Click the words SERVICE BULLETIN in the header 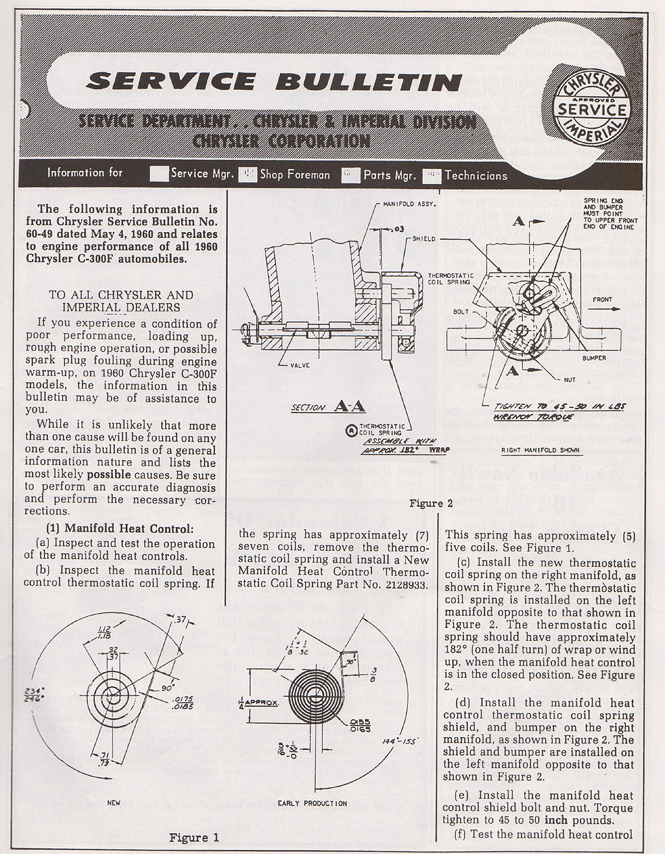274,81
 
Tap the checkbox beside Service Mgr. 158,174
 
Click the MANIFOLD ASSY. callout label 409,204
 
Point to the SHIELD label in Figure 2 424,239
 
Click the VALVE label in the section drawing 298,365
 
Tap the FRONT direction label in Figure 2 602,300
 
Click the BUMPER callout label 594,358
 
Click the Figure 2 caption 431,503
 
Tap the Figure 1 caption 194,837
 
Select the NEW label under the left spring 113,803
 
